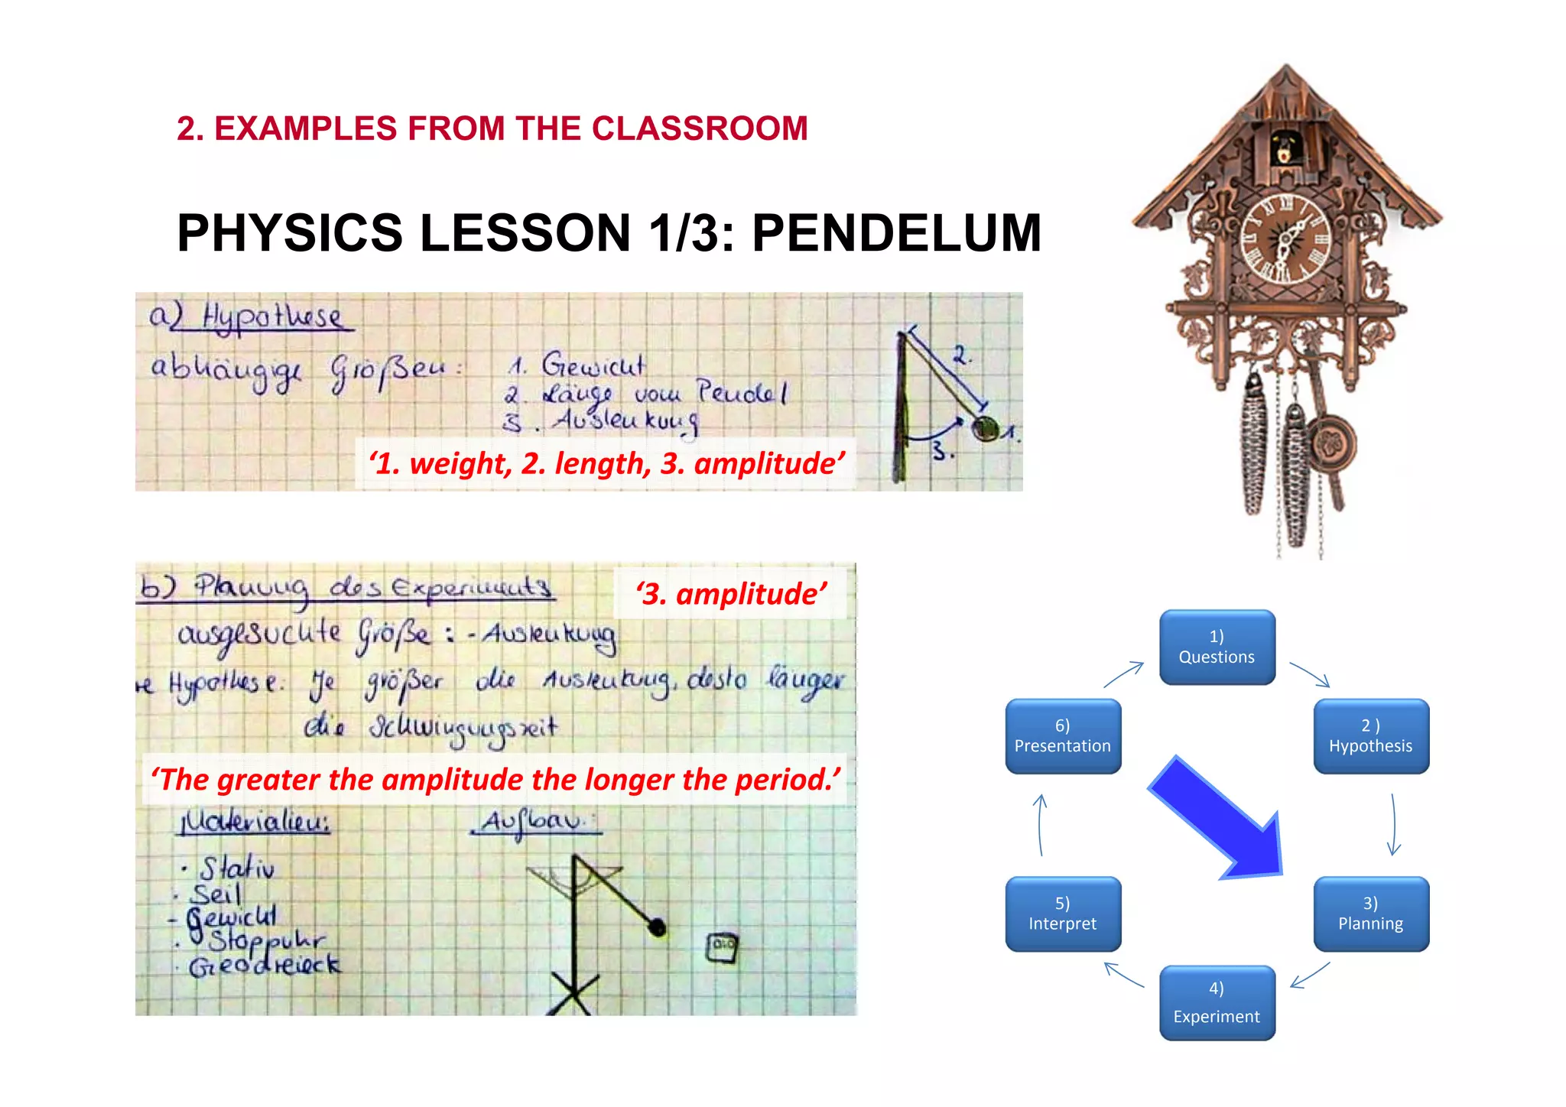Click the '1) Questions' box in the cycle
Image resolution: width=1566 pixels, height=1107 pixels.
click(1217, 647)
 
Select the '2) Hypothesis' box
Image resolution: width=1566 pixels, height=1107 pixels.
click(1370, 735)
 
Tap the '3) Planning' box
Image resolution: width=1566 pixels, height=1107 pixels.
click(1370, 914)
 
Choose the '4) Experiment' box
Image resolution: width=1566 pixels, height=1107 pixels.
click(1217, 1002)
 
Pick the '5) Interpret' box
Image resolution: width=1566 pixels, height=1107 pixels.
click(1063, 914)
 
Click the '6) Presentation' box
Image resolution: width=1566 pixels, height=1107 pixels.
click(1063, 735)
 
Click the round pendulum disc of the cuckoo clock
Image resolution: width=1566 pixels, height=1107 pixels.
click(1330, 443)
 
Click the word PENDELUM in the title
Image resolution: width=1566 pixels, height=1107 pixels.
click(896, 232)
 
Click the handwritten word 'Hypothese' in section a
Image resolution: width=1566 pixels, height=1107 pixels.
click(271, 316)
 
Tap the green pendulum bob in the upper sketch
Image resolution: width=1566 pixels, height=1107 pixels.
click(984, 428)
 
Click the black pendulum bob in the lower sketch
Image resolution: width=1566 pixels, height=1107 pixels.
click(657, 927)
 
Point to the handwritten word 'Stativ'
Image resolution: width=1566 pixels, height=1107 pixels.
click(236, 868)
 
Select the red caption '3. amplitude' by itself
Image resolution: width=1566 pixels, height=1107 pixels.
click(731, 594)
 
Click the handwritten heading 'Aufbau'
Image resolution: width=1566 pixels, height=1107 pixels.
click(533, 821)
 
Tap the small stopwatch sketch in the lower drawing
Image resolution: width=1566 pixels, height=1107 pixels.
click(722, 947)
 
